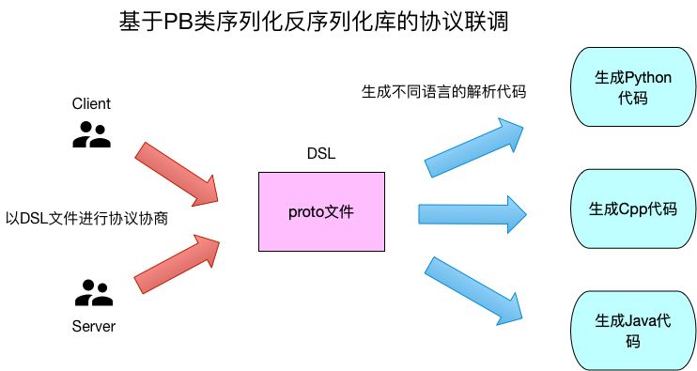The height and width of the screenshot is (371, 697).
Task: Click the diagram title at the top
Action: coord(315,22)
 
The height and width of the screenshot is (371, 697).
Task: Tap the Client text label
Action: coord(91,104)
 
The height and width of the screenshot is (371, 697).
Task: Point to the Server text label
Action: coord(93,326)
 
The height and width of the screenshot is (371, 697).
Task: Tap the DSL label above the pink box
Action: coord(321,154)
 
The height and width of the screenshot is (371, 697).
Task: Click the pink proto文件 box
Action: coord(321,211)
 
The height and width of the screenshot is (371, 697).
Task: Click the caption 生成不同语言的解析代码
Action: coord(443,92)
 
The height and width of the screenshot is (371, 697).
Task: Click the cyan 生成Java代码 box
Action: coord(633,332)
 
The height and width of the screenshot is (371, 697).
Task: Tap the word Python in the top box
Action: coord(648,77)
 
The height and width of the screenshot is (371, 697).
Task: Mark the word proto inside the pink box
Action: coord(306,212)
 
